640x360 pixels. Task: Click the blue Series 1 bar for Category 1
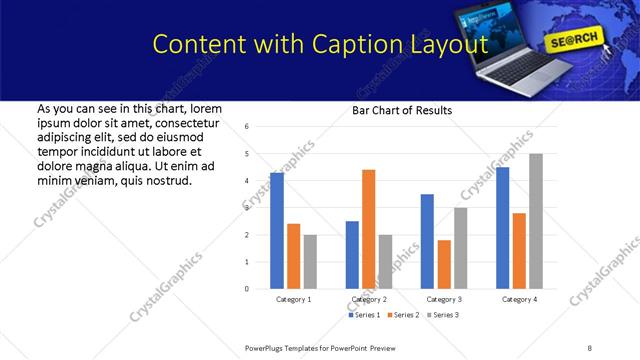(277, 231)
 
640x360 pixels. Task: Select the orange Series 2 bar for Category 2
(368, 229)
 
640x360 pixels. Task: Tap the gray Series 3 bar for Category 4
(536, 221)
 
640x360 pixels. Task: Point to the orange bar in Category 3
(444, 264)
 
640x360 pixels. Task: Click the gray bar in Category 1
(310, 262)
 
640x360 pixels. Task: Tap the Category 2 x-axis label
(368, 299)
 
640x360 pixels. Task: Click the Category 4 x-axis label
(519, 299)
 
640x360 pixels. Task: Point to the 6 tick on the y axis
(246, 127)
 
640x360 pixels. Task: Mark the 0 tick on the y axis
(246, 289)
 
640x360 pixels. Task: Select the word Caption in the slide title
(356, 44)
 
